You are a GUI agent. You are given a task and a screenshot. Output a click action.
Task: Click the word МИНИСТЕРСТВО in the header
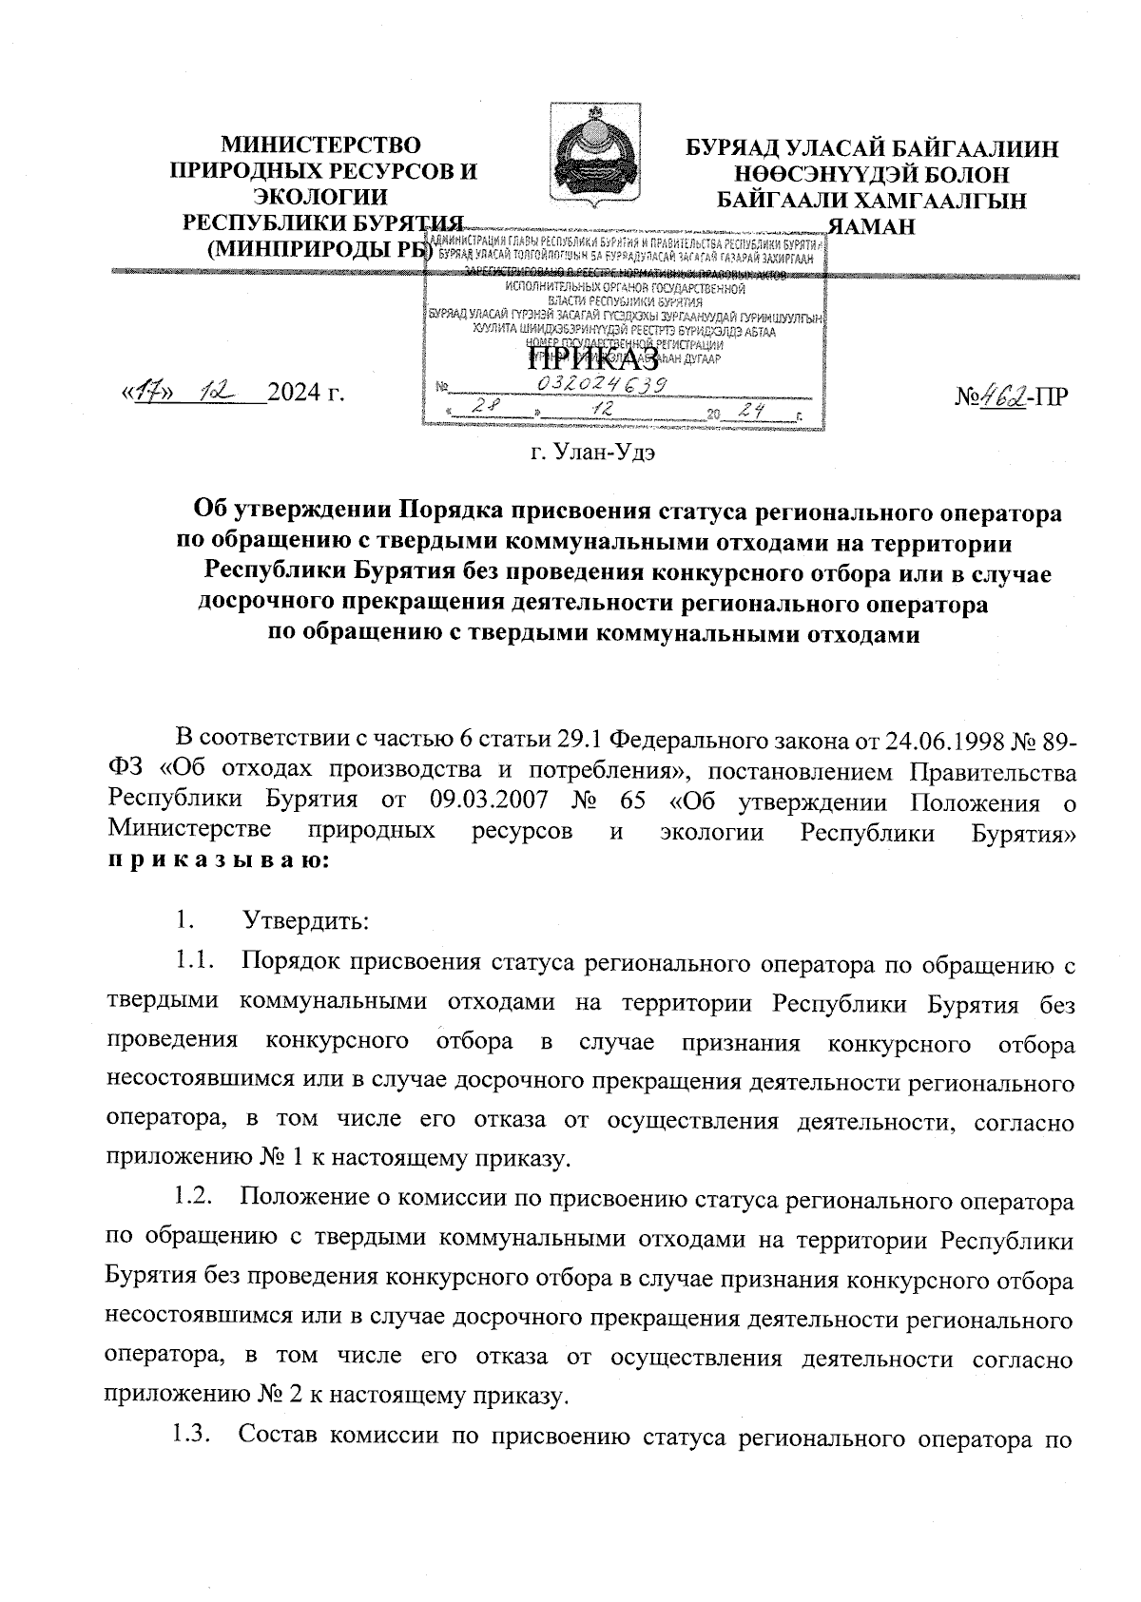(320, 145)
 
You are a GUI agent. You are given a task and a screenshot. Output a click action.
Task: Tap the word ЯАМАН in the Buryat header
(872, 226)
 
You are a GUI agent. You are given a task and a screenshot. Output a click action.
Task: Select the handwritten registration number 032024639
(601, 382)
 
